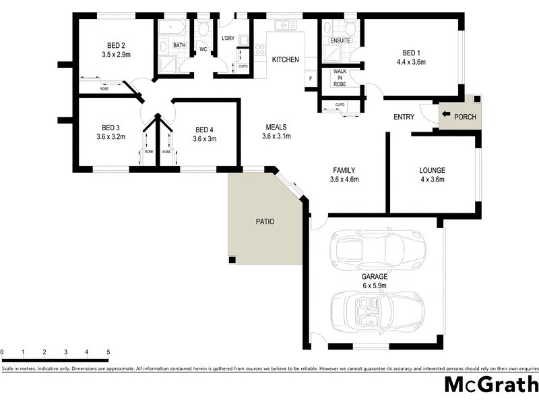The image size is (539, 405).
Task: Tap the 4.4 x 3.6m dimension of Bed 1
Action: tap(411, 62)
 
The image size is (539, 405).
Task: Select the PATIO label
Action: tap(264, 221)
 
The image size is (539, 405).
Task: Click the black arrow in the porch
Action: tap(446, 116)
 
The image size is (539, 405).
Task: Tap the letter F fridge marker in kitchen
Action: tap(311, 79)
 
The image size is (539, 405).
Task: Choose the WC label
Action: tap(203, 49)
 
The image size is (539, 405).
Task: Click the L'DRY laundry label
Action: tap(228, 38)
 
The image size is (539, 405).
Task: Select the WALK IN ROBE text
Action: tap(340, 78)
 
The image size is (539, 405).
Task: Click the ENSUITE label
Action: tap(340, 40)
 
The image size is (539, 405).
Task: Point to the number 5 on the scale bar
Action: tap(108, 352)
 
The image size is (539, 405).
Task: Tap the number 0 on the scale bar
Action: tap(2, 352)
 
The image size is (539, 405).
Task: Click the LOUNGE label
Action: tap(432, 171)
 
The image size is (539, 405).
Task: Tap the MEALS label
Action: tap(276, 126)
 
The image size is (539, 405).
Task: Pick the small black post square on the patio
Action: tap(232, 260)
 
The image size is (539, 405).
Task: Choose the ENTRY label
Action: tap(404, 117)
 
